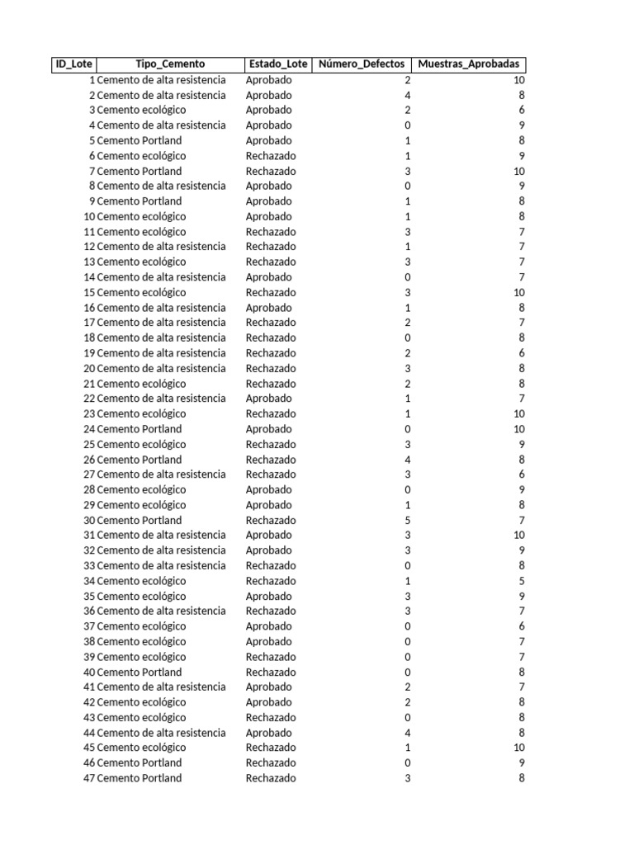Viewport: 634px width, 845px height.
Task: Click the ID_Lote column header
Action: tap(73, 64)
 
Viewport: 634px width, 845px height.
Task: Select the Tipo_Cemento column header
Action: tap(170, 64)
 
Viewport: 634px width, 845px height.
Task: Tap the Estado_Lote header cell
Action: tap(277, 64)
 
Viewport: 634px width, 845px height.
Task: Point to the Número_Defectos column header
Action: tap(362, 64)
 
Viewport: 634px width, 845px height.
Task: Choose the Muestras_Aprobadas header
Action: tap(468, 64)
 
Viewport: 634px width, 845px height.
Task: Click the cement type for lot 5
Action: tap(140, 140)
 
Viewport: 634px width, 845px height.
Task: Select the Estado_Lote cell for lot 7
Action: tap(270, 171)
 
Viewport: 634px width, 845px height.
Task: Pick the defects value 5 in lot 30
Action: tap(407, 520)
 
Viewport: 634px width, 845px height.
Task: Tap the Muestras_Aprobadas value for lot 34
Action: tap(521, 581)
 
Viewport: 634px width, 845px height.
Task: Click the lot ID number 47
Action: tap(89, 778)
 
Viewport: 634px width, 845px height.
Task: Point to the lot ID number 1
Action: tap(92, 80)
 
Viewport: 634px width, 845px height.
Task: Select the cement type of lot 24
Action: tap(140, 429)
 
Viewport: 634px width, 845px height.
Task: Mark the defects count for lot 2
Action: tap(407, 95)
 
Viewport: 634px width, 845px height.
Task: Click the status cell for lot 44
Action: tap(268, 733)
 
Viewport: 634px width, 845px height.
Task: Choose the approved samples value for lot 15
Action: tap(518, 292)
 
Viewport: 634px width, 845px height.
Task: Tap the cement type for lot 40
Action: tap(140, 672)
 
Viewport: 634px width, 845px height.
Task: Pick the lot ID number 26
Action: tap(89, 460)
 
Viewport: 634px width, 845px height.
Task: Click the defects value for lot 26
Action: tap(407, 460)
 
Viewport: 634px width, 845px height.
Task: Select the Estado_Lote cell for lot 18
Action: tap(270, 338)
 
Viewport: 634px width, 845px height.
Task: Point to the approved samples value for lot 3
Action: tap(521, 110)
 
